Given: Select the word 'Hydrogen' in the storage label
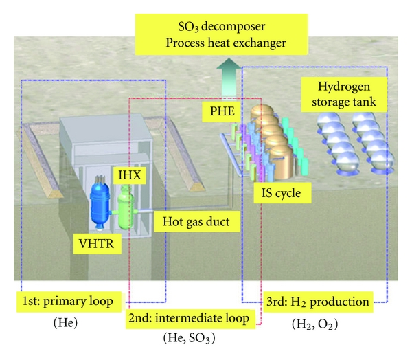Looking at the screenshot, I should (343, 87).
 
